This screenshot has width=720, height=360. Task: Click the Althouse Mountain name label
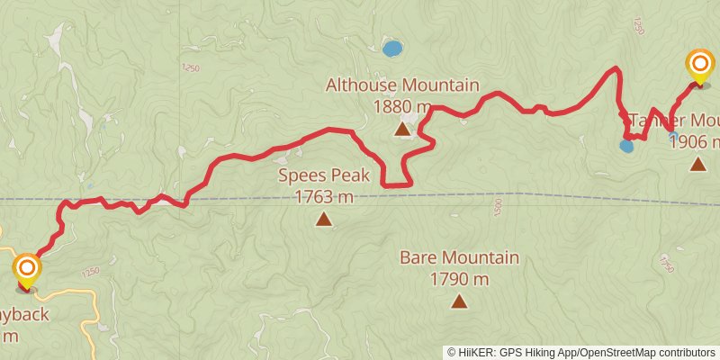pyautogui.click(x=401, y=85)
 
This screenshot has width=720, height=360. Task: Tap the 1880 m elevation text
pyautogui.click(x=401, y=106)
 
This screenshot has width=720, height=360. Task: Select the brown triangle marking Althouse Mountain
pyautogui.click(x=402, y=130)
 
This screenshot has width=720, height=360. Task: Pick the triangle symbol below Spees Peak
pyautogui.click(x=323, y=219)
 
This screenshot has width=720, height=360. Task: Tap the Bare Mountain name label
pyautogui.click(x=459, y=258)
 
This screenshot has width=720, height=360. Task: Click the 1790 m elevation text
pyautogui.click(x=459, y=279)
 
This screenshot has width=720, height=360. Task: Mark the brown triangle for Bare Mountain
pyautogui.click(x=459, y=301)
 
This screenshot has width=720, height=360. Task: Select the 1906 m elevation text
pyautogui.click(x=698, y=141)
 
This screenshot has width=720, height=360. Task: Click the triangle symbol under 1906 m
pyautogui.click(x=697, y=164)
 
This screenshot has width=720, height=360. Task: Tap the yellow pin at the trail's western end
pyautogui.click(x=27, y=269)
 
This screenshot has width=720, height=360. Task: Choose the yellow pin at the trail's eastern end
pyautogui.click(x=699, y=65)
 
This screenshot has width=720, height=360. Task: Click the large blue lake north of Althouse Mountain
pyautogui.click(x=391, y=49)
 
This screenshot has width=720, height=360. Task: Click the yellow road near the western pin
pyautogui.click(x=89, y=306)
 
